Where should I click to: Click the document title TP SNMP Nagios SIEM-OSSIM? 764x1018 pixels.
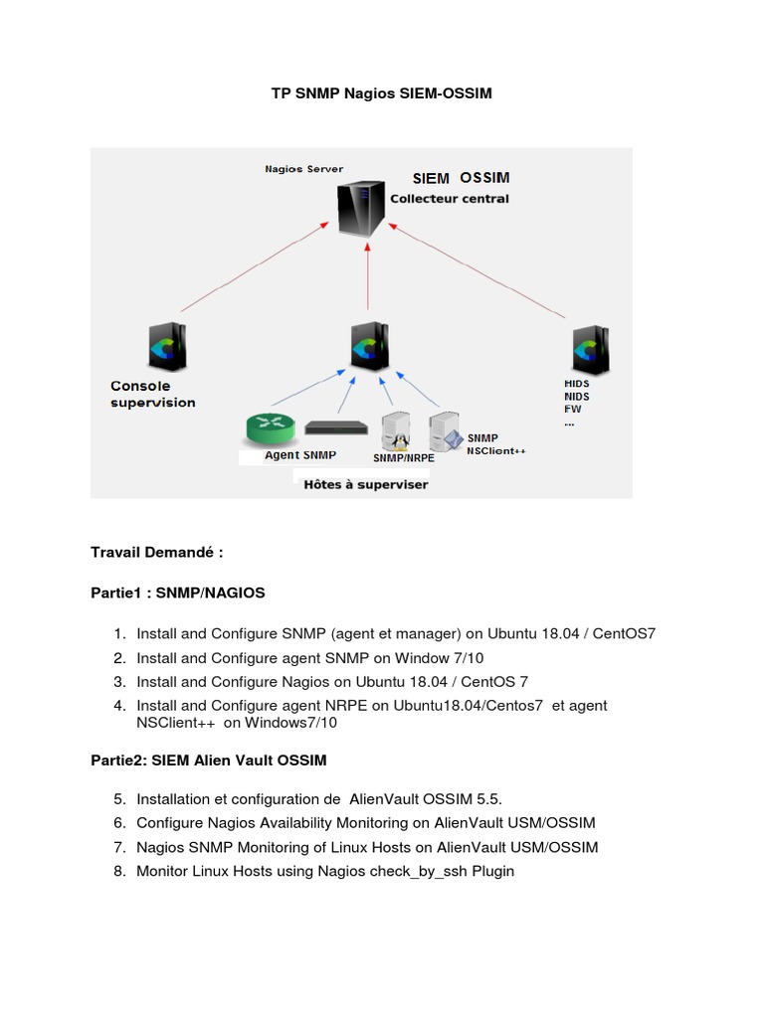click(382, 94)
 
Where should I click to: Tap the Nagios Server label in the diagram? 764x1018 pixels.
click(303, 169)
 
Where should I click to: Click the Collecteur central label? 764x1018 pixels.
click(449, 199)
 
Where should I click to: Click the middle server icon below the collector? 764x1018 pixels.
click(369, 347)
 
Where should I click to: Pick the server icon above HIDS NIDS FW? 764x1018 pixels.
click(587, 349)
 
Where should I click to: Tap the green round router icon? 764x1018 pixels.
click(270, 428)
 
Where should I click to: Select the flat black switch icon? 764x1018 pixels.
click(336, 427)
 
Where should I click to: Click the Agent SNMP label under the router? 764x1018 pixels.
click(300, 455)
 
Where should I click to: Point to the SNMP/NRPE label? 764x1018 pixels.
click(403, 458)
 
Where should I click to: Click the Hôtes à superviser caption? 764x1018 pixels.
click(365, 484)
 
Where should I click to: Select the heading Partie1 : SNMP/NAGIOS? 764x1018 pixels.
click(178, 593)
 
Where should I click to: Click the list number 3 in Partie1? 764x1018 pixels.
click(118, 682)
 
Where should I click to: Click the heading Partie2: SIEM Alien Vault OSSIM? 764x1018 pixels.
click(208, 760)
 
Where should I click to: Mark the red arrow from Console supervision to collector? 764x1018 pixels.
click(254, 267)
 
